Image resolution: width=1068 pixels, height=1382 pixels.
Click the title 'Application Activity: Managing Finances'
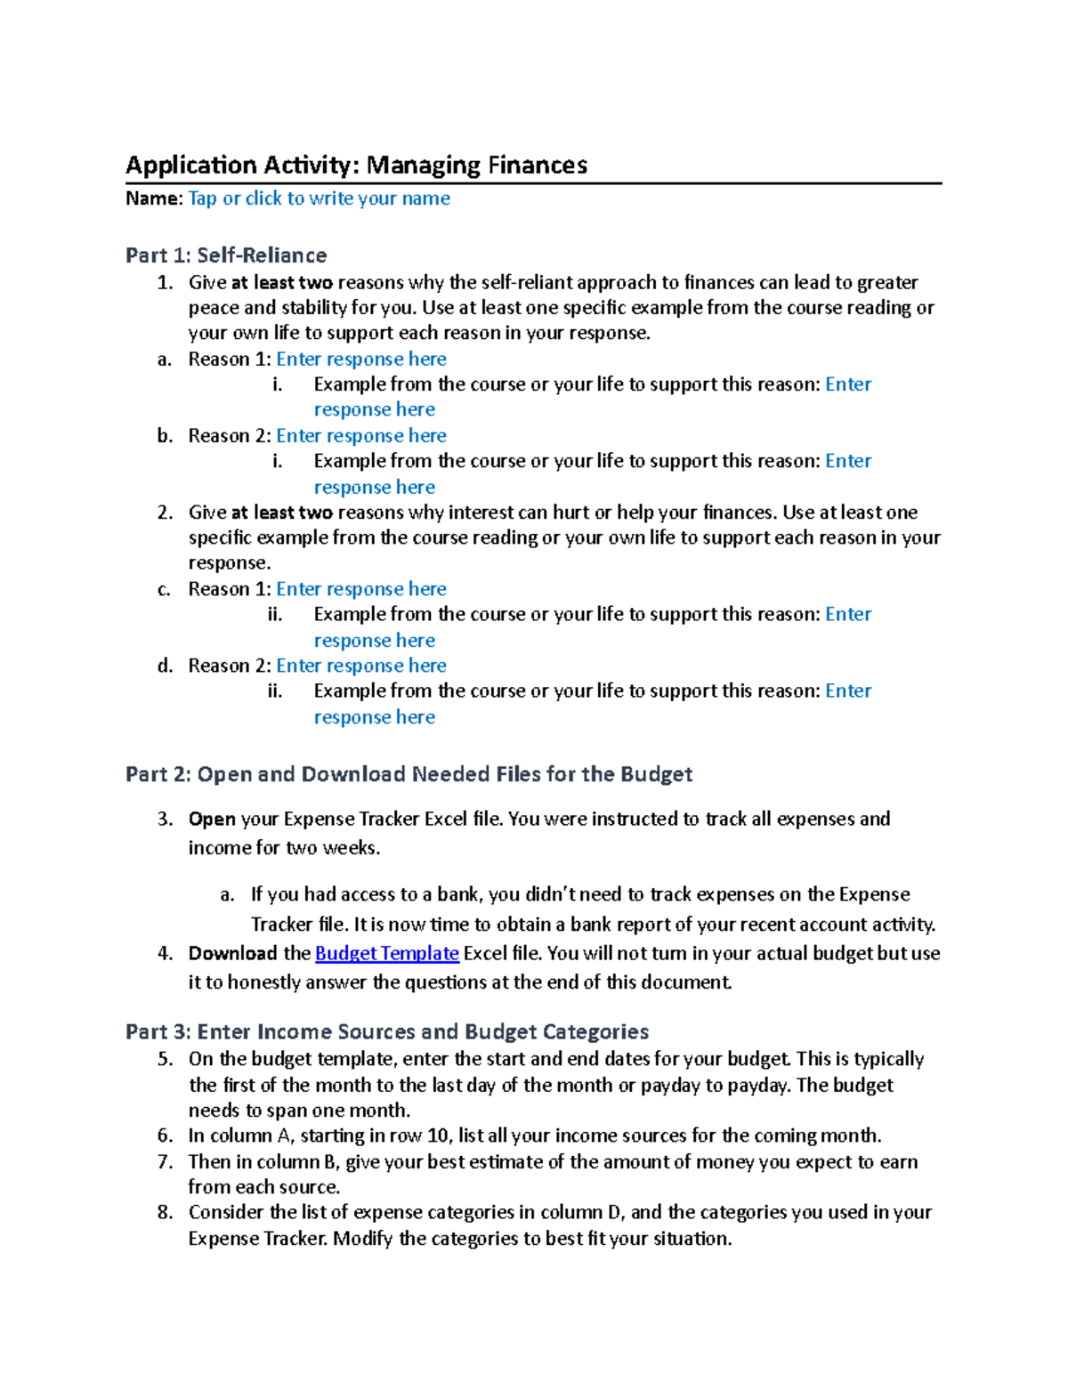pos(356,166)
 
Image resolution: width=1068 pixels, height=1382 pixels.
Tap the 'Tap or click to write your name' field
pos(319,198)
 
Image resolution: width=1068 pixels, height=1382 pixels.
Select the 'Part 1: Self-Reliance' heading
pos(226,255)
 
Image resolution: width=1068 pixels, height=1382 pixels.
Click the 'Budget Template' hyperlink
pos(387,953)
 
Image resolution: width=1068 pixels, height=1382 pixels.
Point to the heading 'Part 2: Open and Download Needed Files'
pos(409,774)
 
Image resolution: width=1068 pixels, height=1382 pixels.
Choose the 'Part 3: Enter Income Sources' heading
pos(387,1031)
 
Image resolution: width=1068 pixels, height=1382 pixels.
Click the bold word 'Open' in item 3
pos(212,819)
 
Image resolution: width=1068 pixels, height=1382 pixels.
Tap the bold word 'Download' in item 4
pos(232,953)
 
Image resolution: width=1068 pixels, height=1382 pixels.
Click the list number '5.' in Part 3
pos(165,1059)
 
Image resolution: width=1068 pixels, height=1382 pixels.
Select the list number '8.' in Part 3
pos(165,1212)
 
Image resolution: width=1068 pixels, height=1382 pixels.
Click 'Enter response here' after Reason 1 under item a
pos(361,359)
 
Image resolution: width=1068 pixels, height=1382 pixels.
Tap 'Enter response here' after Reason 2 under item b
pos(361,435)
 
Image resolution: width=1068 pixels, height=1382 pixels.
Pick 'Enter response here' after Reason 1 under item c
pos(361,589)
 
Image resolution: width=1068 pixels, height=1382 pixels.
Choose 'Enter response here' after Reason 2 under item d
pos(361,666)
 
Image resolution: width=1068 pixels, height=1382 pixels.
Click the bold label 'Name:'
pos(154,198)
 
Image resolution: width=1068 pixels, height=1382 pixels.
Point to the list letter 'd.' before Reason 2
pos(165,666)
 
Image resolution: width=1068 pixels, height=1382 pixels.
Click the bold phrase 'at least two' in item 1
pos(281,283)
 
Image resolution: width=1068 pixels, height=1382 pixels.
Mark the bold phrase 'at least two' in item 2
pos(281,513)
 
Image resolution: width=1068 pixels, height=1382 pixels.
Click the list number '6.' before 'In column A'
pos(165,1136)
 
